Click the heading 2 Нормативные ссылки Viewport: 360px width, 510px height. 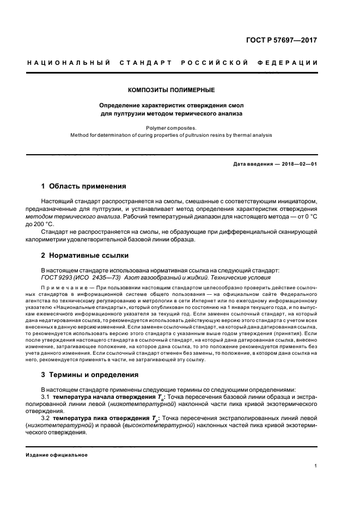pos(86,256)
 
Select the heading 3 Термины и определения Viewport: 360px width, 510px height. pos(90,375)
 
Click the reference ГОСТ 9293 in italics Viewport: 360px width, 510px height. pos(58,277)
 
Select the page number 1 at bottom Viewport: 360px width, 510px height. pos(316,466)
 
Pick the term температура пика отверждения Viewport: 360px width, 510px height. pos(95,418)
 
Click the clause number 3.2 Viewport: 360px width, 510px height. pos(46,418)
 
